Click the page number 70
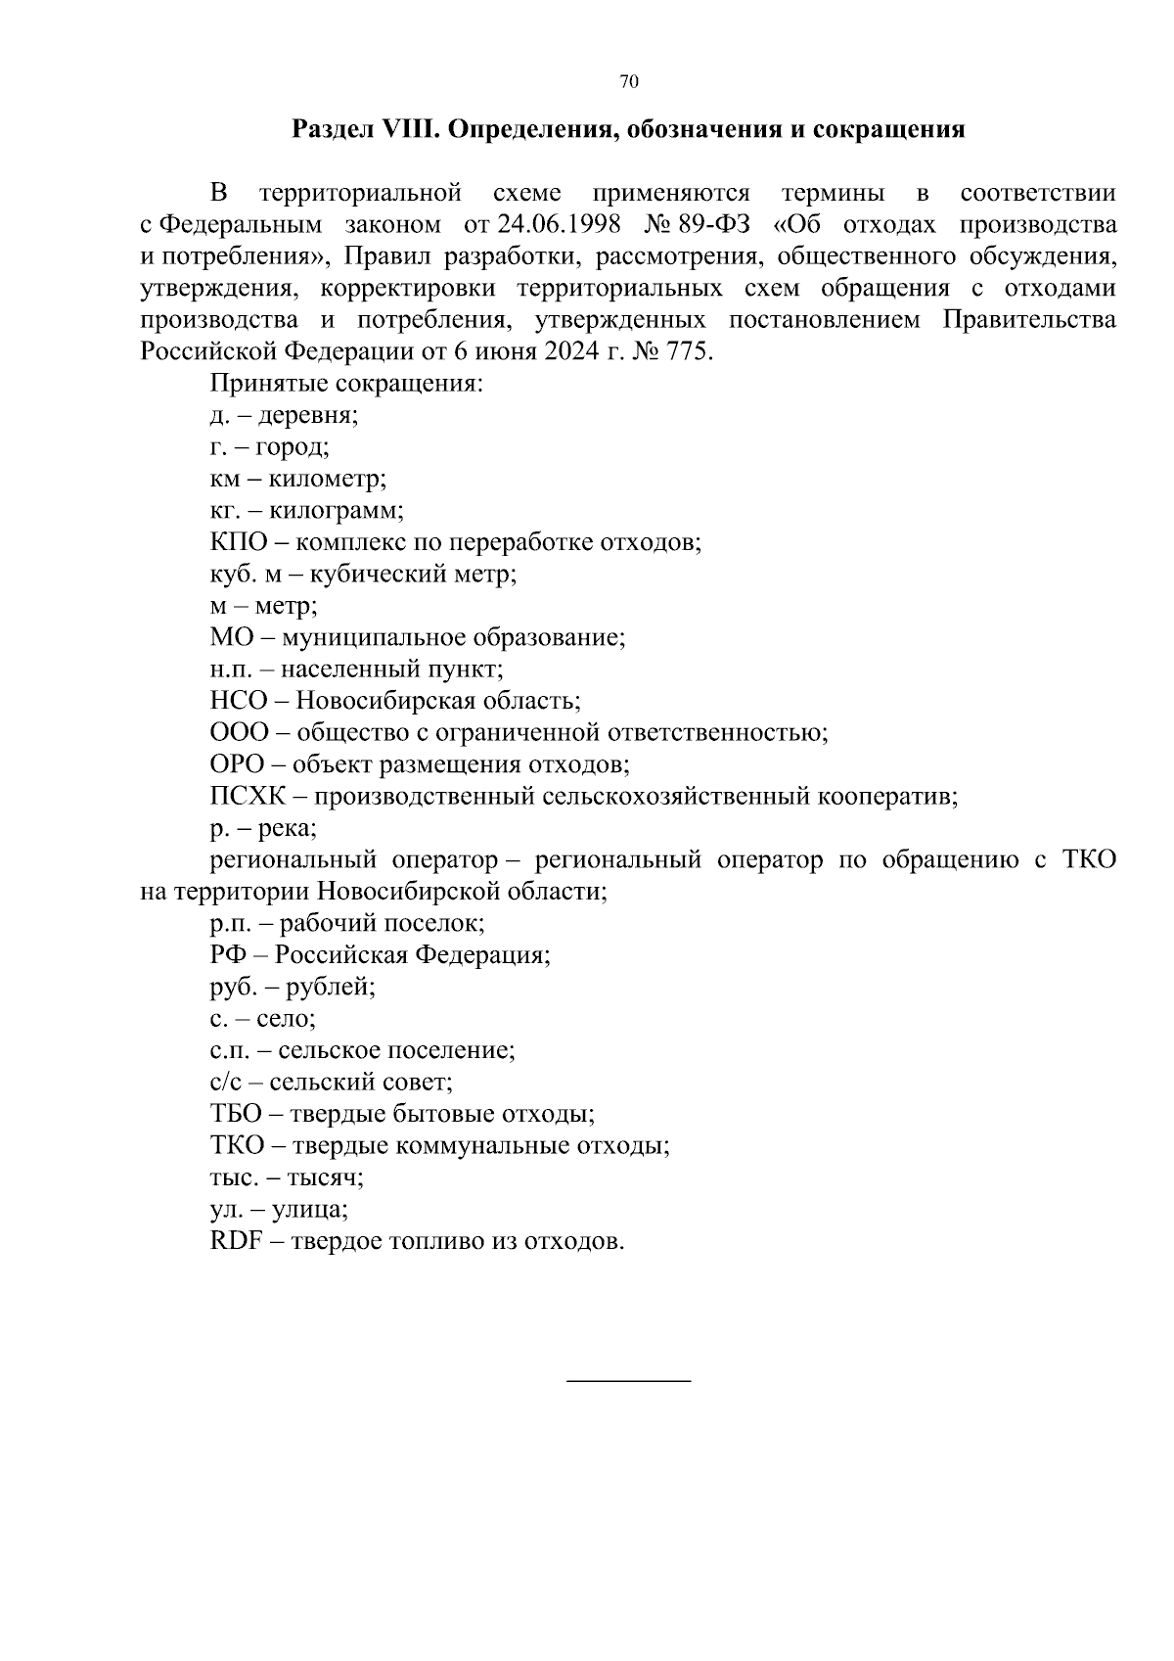point(629,82)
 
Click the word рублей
point(330,987)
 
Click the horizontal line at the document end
point(629,1380)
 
